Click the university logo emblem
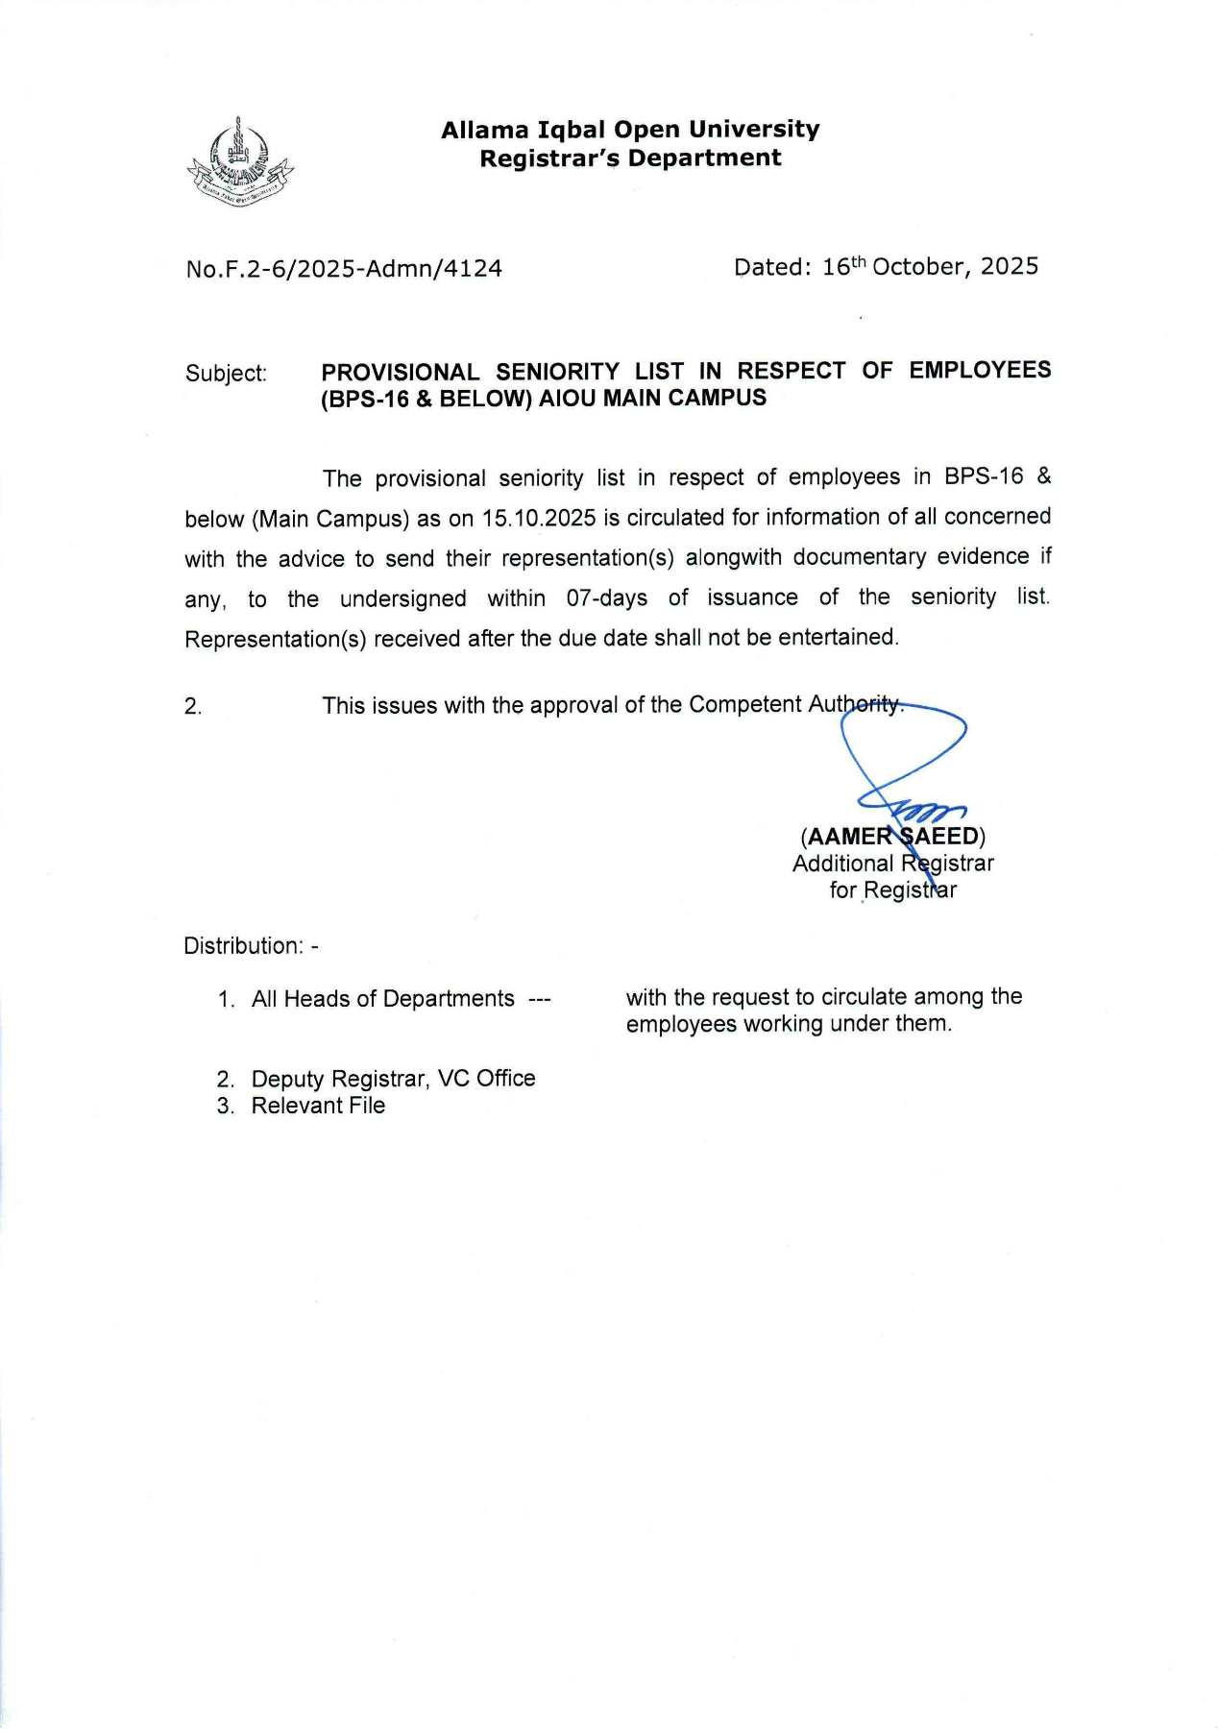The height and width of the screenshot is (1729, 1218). click(239, 160)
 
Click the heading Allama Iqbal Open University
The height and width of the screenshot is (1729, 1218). click(630, 130)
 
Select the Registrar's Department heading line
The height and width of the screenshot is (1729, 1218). click(630, 158)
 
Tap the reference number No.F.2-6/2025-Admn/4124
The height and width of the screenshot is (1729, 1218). click(344, 269)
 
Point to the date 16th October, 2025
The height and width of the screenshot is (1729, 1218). click(930, 267)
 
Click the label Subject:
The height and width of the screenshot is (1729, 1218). click(226, 374)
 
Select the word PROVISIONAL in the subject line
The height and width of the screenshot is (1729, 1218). click(400, 372)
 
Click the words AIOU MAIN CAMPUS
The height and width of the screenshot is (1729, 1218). click(652, 399)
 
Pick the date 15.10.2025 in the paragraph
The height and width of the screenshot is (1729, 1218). click(539, 519)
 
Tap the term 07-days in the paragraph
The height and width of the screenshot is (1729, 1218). click(606, 598)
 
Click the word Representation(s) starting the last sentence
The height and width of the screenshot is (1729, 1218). click(276, 640)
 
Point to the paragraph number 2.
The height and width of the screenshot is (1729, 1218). click(193, 707)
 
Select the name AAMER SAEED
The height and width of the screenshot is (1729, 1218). click(892, 837)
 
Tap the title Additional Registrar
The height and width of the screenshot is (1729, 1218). click(892, 864)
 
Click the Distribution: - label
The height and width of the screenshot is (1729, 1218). click(251, 946)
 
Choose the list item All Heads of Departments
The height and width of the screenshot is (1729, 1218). click(382, 999)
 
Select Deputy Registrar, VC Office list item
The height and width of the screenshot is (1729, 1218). click(392, 1079)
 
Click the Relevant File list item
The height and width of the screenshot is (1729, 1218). click(318, 1106)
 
